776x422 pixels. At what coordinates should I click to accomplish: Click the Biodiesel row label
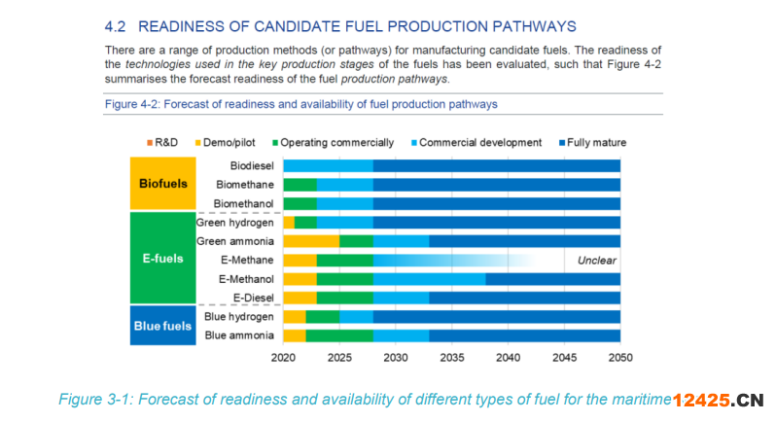251,166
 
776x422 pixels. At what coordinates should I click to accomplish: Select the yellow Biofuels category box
163,184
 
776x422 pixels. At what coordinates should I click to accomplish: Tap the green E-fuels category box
163,260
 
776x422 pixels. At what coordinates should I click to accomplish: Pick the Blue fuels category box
163,327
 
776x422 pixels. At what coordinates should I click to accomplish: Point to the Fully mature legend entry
590,143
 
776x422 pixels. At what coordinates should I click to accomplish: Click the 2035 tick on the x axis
451,358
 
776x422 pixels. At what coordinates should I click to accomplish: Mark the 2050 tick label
619,358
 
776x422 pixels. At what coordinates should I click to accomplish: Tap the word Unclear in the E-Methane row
597,261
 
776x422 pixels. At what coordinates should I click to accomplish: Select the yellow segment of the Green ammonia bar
311,241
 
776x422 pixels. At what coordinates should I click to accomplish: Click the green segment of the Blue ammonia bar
339,335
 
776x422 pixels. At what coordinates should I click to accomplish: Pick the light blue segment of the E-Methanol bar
429,279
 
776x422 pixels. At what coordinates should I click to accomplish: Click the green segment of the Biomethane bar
300,185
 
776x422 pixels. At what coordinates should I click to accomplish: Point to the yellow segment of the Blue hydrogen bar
294,317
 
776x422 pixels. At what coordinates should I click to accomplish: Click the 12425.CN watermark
720,400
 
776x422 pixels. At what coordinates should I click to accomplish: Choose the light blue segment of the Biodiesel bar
328,166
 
